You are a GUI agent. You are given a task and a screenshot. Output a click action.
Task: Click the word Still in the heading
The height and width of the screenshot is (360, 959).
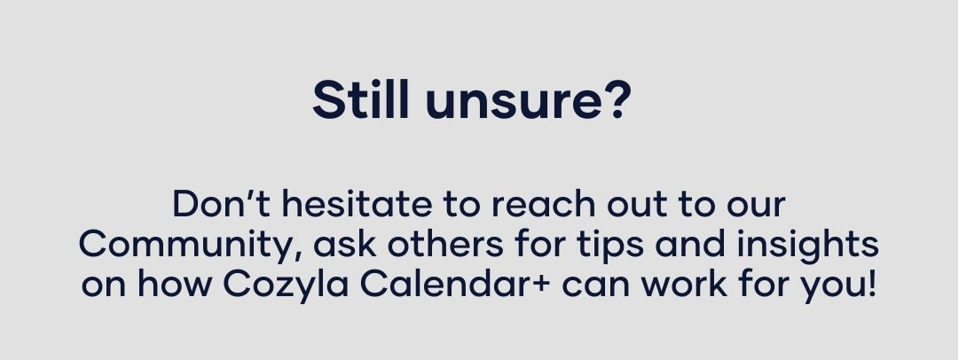[360, 99]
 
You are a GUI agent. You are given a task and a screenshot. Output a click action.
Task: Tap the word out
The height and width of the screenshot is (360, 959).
[636, 206]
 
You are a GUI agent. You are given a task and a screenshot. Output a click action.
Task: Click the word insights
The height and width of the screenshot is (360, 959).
[807, 247]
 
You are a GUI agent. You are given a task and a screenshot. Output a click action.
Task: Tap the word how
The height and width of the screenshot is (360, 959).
[174, 284]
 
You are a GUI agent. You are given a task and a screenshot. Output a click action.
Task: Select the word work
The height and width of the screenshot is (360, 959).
[684, 284]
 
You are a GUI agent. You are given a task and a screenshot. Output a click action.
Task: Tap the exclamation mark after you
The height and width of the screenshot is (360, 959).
[871, 284]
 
